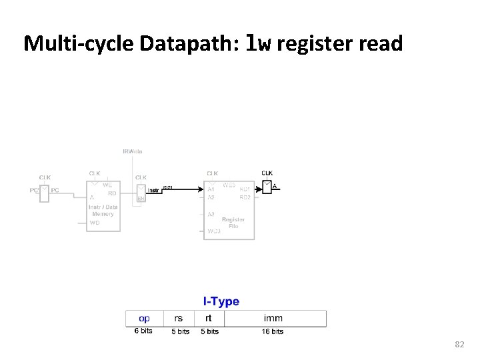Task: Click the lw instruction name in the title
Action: click(x=258, y=44)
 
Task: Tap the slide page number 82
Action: click(x=459, y=344)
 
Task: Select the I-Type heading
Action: click(x=221, y=301)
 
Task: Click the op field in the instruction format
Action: click(x=143, y=319)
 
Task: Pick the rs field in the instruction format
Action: click(x=179, y=319)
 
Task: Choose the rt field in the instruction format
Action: click(x=208, y=319)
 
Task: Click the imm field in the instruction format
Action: click(x=273, y=319)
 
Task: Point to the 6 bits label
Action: click(x=143, y=331)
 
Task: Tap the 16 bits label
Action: click(x=273, y=331)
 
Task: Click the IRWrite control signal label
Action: click(x=132, y=151)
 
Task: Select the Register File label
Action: click(x=233, y=223)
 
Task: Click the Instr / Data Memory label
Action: click(x=103, y=211)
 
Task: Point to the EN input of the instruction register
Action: click(x=141, y=199)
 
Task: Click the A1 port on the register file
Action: click(x=211, y=189)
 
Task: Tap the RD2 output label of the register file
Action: click(x=245, y=197)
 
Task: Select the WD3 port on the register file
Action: click(x=213, y=231)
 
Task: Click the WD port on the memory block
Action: click(x=95, y=223)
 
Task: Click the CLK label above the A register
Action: click(x=267, y=173)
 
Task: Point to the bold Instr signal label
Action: click(x=153, y=190)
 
